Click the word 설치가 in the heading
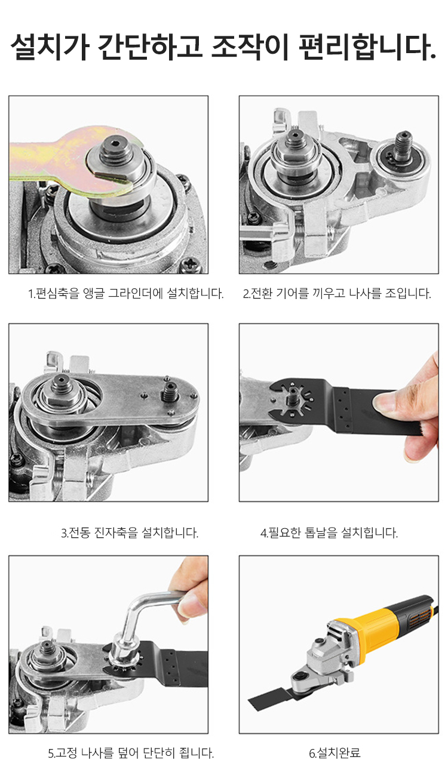pos(50,47)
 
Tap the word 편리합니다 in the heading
pos(367,47)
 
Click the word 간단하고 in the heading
pos(150,47)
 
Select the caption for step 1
pos(126,294)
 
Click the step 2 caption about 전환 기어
pos(337,294)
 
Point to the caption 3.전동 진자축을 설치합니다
pos(130,532)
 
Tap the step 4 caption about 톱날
pos(329,532)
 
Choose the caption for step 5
pos(131,753)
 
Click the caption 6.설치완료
pos(335,753)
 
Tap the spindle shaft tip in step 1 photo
pos(116,152)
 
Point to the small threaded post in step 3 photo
pos(169,391)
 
